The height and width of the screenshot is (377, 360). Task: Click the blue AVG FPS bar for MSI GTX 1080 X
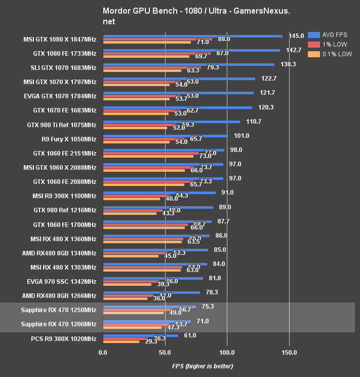point(192,36)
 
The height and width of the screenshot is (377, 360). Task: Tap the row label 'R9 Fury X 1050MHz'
point(69,139)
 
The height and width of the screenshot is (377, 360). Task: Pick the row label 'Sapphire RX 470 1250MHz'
point(59,310)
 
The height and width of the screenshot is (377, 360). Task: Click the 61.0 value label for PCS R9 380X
point(190,335)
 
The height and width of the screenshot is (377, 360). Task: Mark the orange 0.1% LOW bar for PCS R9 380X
point(121,342)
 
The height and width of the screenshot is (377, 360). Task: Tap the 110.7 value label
point(253,122)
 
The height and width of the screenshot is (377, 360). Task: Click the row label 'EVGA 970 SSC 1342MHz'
point(61,281)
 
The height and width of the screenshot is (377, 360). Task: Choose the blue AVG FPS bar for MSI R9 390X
point(159,193)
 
